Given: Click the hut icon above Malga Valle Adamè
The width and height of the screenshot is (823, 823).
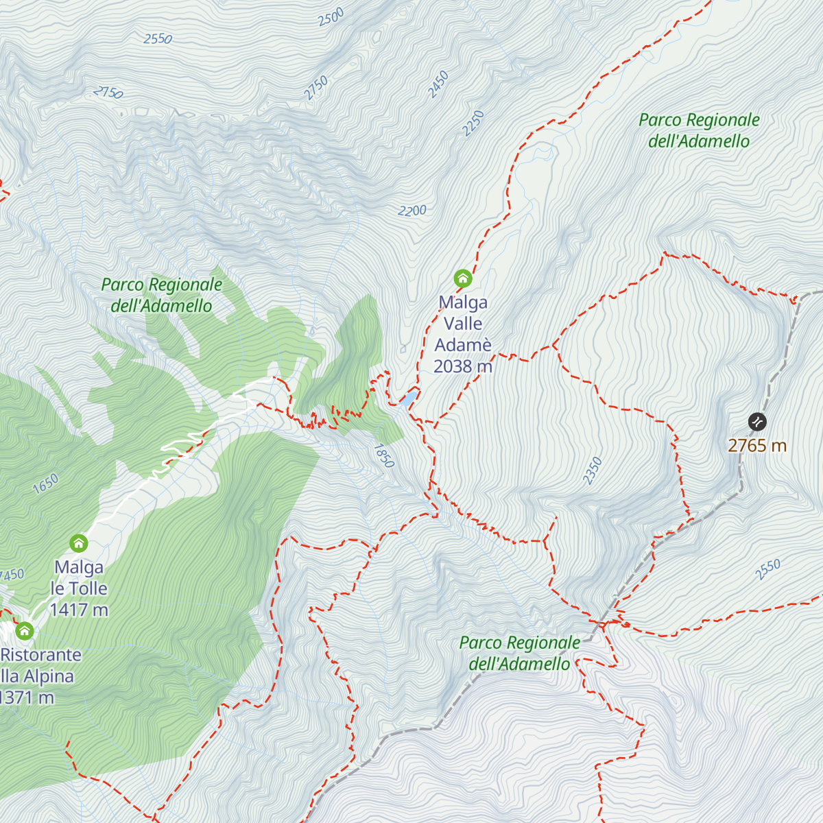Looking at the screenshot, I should pyautogui.click(x=463, y=278).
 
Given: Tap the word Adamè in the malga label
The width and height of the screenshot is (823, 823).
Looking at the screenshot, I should pyautogui.click(x=463, y=345).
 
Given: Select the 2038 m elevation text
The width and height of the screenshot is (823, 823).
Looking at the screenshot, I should pyautogui.click(x=463, y=366).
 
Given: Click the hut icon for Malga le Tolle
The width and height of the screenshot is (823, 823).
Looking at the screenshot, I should pyautogui.click(x=79, y=544).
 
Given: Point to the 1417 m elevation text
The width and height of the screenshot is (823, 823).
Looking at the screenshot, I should pyautogui.click(x=79, y=610).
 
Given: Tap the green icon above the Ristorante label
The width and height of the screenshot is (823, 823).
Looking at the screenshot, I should pyautogui.click(x=25, y=631).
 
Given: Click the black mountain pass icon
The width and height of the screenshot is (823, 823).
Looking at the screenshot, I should pyautogui.click(x=757, y=421).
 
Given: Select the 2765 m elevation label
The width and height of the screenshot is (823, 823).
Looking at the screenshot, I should pyautogui.click(x=757, y=446).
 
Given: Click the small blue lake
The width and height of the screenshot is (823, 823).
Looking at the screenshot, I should pyautogui.click(x=409, y=398).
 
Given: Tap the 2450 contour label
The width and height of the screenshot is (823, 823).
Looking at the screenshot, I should pyautogui.click(x=438, y=84).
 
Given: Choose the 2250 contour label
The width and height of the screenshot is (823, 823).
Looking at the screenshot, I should pyautogui.click(x=473, y=123).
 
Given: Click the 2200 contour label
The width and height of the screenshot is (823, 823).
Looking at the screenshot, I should pyautogui.click(x=412, y=211).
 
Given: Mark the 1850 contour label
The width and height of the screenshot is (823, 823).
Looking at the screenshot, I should pyautogui.click(x=383, y=455).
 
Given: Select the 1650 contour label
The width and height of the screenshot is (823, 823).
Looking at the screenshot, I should pyautogui.click(x=46, y=484).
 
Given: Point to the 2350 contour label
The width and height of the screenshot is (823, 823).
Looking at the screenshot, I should pyautogui.click(x=593, y=470).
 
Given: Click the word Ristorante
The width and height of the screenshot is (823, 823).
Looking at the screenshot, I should pyautogui.click(x=41, y=655).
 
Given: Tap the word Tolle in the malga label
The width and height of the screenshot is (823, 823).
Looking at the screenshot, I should pyautogui.click(x=88, y=588).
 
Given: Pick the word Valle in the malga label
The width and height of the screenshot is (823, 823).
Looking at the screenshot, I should pyautogui.click(x=463, y=324).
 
